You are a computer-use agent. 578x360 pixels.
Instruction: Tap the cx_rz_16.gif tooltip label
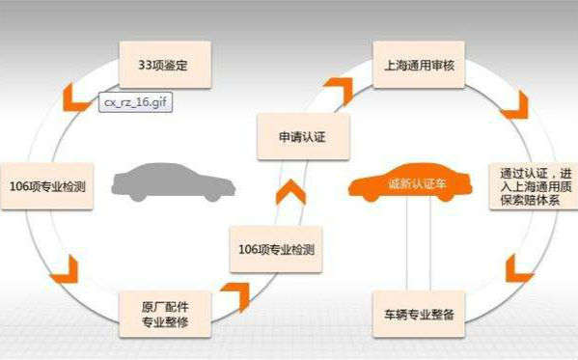[137, 100]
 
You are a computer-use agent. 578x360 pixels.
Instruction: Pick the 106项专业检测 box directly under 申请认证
[277, 249]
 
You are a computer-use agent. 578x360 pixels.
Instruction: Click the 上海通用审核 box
[417, 64]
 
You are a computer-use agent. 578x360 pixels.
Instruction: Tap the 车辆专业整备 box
[418, 315]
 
